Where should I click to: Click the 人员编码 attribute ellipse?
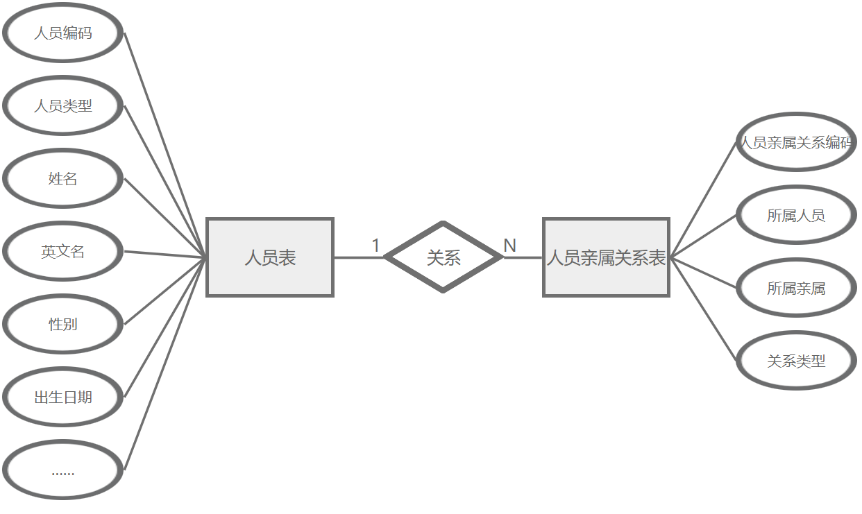(63, 33)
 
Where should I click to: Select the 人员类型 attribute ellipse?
(63, 106)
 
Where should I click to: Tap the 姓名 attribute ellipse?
(63, 179)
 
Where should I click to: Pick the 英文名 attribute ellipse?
(63, 252)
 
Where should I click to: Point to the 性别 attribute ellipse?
(63, 324)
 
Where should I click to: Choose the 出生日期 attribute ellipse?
(63, 397)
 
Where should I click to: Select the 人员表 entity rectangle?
(270, 258)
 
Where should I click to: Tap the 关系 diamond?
(443, 257)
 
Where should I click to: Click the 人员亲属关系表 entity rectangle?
(606, 258)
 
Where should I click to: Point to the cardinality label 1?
(376, 246)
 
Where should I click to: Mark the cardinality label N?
(509, 246)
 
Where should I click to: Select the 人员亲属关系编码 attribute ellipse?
(795, 143)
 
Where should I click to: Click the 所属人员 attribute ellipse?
(795, 216)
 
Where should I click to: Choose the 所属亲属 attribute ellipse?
(795, 288)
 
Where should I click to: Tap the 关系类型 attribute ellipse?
(795, 361)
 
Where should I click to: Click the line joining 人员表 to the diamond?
(358, 257)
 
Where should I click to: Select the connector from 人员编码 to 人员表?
(164, 144)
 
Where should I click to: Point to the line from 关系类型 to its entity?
(703, 309)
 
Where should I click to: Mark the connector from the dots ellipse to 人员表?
(164, 364)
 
